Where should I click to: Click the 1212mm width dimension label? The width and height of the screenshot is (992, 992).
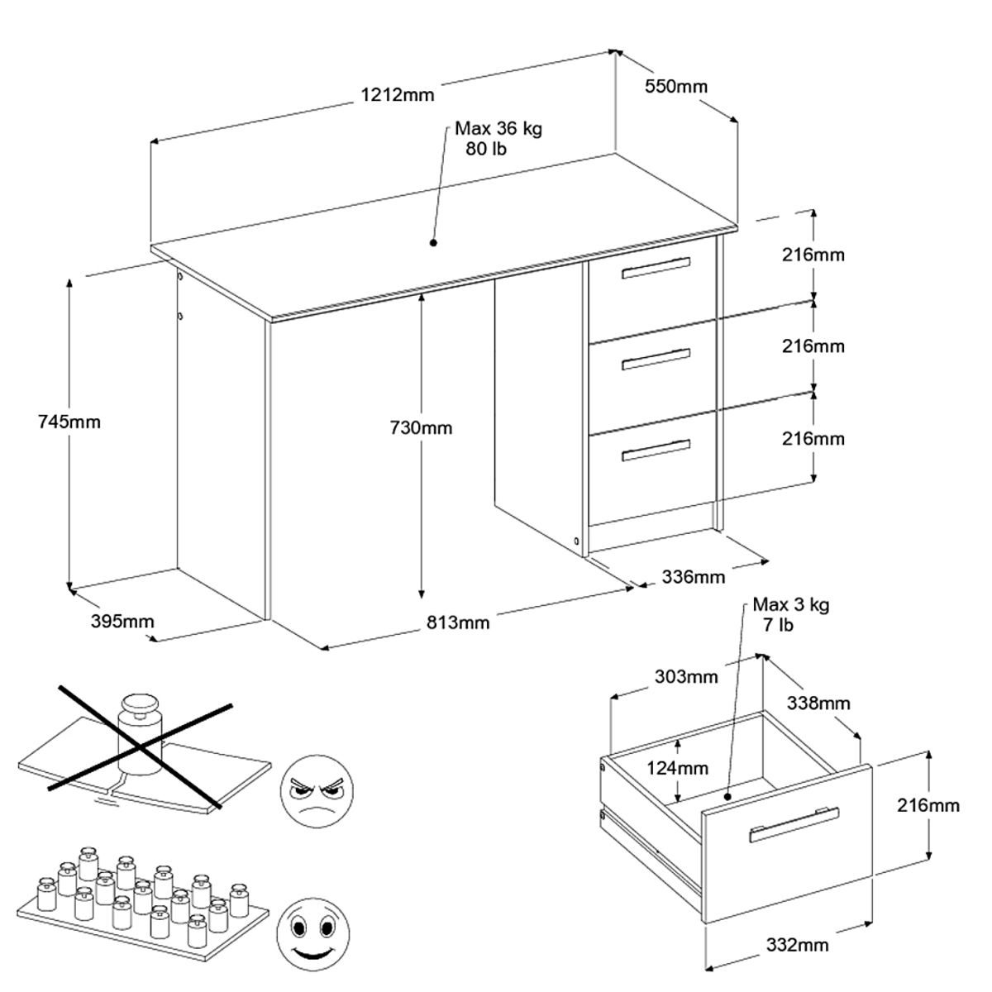[x=397, y=94]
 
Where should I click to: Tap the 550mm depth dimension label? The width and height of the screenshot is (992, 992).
[x=675, y=86]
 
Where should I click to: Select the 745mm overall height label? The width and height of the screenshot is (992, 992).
[x=69, y=422]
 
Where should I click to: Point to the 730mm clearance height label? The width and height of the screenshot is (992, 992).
[x=421, y=427]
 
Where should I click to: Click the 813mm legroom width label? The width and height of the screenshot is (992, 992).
[x=458, y=622]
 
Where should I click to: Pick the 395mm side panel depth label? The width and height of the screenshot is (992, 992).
[x=122, y=620]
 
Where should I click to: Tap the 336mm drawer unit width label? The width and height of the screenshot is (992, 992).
[x=693, y=576]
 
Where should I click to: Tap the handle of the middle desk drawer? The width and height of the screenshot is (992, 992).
[x=656, y=358]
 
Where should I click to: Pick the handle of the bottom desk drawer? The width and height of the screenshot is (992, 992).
[x=656, y=449]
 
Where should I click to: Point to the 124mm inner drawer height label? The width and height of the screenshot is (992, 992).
[x=677, y=768]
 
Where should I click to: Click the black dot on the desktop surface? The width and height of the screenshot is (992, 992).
[x=432, y=242]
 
